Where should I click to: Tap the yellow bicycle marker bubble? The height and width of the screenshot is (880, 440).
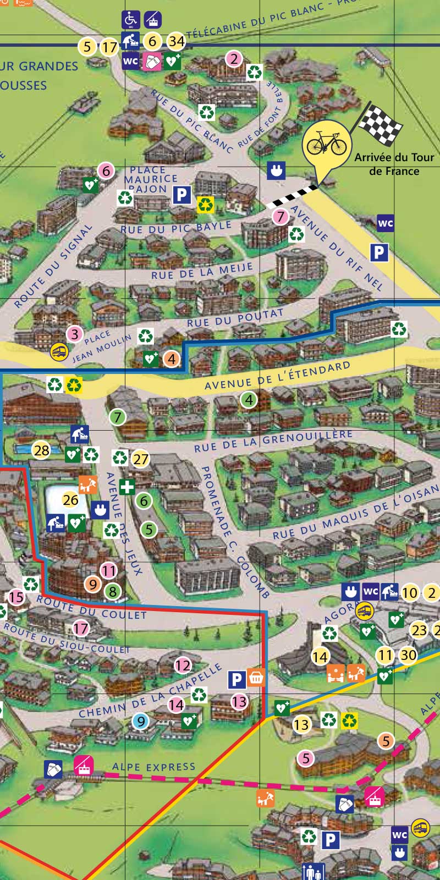326,145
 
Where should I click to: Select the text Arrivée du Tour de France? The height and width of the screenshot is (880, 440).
394,164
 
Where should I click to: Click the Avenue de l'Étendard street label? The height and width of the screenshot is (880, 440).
277,376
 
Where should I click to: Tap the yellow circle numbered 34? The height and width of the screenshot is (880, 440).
176,41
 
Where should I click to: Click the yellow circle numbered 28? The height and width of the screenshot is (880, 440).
41,450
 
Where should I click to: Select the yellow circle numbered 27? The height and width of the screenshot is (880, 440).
141,459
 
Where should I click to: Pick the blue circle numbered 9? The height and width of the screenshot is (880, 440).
141,721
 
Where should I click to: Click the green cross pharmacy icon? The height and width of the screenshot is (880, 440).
127,487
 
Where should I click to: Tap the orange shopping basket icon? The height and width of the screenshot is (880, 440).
256,677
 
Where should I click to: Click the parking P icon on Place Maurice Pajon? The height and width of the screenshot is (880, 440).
182,195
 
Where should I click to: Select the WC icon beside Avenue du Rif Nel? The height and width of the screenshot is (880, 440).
386,223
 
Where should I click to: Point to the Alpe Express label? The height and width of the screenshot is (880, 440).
153,767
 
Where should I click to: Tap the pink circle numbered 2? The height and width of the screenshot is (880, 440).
234,58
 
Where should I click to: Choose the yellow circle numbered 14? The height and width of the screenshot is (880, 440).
320,656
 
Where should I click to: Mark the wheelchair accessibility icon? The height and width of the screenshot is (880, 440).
131,19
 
